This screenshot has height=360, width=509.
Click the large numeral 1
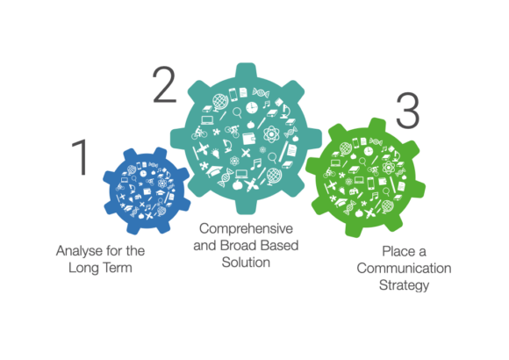tap(80, 157)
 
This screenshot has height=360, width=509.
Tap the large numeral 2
tap(164, 84)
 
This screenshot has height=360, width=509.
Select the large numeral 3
tap(408, 111)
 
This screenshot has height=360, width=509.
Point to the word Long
tap(82, 268)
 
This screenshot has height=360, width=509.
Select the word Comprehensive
tap(246, 229)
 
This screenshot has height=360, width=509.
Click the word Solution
tap(246, 263)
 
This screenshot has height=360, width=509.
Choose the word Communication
tap(404, 269)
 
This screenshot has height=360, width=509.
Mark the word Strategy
tap(404, 285)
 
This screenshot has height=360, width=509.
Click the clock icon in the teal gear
tap(252, 107)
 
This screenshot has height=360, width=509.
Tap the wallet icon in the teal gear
tap(249, 139)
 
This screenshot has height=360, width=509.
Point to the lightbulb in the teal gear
tap(215, 153)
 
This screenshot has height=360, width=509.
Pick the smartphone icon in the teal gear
tap(233, 94)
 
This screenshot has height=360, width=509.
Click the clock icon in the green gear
tap(368, 151)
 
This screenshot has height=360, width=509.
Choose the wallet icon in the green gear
tap(383, 181)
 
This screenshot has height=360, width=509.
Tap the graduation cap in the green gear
tap(341, 202)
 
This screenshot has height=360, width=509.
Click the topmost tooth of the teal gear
tap(246, 71)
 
